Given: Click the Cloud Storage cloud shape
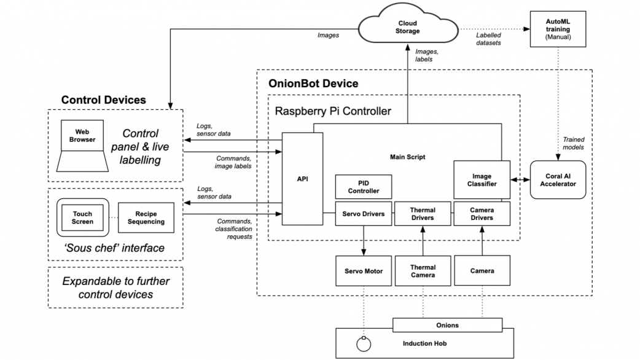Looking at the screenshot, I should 408,26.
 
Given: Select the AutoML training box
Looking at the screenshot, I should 558,29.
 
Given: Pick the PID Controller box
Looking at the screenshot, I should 364,187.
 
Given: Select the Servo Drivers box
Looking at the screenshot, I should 364,214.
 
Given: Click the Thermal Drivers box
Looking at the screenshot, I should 423,214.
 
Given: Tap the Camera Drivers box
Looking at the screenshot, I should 482,214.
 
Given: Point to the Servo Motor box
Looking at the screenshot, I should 364,271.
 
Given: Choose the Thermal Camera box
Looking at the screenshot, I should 423,271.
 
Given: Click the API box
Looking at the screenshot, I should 302,179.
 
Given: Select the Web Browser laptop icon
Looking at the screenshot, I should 86,146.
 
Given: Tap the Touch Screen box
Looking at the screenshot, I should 82,217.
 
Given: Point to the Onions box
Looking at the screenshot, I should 447,325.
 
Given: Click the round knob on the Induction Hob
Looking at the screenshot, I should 364,345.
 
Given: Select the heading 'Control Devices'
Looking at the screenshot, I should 104,100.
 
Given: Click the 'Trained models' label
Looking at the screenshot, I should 573,144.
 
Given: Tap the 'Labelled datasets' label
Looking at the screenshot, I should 489,39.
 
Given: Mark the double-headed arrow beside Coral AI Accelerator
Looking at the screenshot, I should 521,179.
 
